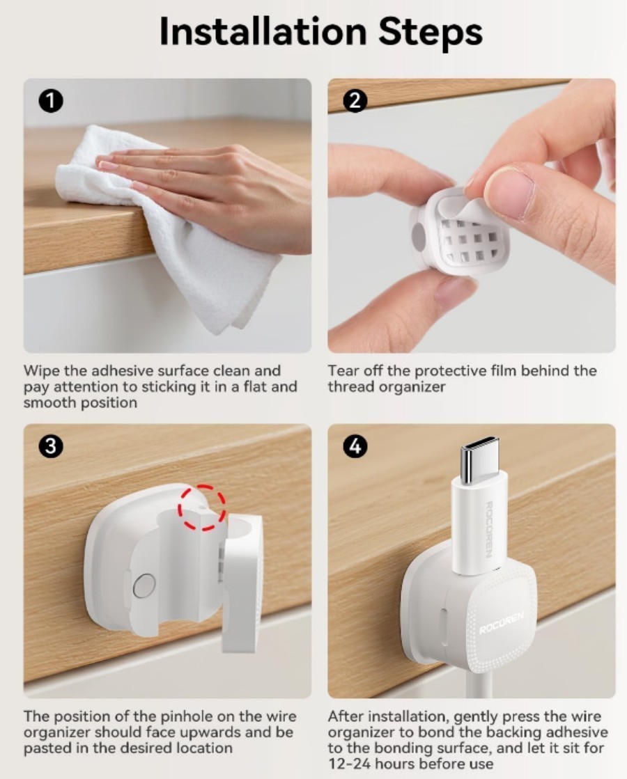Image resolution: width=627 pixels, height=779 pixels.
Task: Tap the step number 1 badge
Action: pos(51,102)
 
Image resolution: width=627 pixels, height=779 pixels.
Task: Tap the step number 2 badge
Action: pos(355,102)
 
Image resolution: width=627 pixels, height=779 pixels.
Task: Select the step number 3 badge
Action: pos(51,446)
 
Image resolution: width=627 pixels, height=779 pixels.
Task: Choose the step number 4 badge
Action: pos(355,446)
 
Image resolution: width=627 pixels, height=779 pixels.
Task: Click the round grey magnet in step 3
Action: pos(144,585)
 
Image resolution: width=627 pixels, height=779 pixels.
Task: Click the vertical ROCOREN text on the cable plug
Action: pos(489,529)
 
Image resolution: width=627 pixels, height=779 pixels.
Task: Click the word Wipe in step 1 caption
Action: pos(42,370)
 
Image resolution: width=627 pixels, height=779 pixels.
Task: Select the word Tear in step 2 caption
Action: pos(342,370)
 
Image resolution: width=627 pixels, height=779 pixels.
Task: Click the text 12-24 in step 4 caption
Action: pos(348,764)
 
